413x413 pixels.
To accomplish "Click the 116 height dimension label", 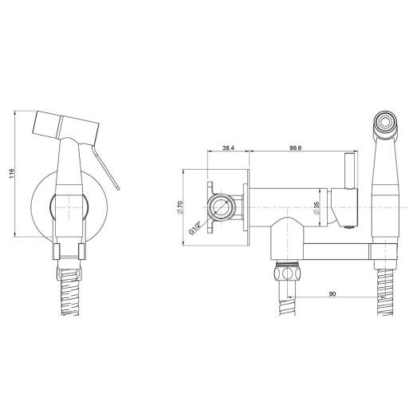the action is (11, 173).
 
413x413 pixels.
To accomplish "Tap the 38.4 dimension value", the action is (228, 148).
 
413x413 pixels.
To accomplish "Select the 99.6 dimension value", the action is (295, 148).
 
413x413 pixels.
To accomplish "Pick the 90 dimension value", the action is (332, 293).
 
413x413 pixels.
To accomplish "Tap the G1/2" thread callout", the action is (195, 228).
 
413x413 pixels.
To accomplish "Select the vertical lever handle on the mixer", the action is (349, 171).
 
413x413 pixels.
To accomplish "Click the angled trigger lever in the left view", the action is (106, 167).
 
